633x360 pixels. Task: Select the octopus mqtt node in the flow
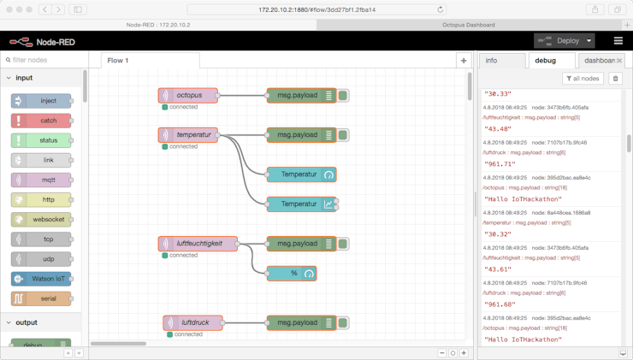coord(189,96)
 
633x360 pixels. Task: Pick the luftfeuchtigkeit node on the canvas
coord(198,244)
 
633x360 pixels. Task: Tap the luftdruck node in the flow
coord(194,323)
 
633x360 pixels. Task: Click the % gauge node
coord(293,274)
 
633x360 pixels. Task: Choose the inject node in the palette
coord(42,101)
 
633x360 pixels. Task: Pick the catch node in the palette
coord(42,121)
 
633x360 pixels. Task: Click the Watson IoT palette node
coord(42,279)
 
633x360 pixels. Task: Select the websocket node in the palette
coord(42,220)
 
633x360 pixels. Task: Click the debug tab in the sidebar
coord(546,61)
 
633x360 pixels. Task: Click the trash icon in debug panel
coord(615,79)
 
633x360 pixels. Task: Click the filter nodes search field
coord(44,61)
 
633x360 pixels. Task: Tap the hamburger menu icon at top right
coord(618,41)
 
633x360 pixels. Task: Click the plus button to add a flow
coord(464,61)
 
